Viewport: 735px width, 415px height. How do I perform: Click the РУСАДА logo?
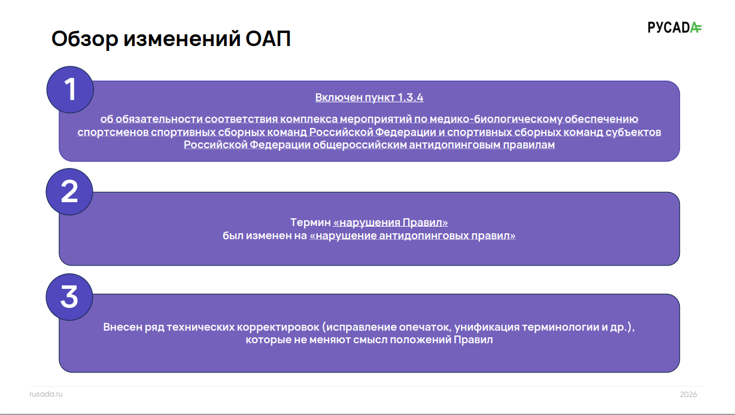pos(675,28)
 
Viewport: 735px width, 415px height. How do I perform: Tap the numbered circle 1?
pos(70,90)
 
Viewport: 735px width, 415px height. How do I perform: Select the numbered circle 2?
pos(69,192)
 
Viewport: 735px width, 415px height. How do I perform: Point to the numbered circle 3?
pos(69,297)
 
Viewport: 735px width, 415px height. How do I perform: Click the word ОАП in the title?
pos(268,39)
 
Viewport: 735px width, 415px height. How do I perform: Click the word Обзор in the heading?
pos(84,39)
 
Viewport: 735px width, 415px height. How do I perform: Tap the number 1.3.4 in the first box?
pos(411,97)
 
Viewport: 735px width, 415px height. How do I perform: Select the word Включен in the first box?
pos(339,97)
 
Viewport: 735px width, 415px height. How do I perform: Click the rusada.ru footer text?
pos(46,394)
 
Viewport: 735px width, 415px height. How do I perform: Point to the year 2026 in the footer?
pos(688,394)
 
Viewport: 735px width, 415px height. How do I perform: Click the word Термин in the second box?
pos(311,222)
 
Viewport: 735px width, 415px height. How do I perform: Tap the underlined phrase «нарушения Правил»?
pos(390,222)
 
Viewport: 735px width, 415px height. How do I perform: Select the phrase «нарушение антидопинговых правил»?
pos(412,236)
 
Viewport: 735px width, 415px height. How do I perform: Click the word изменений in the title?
pos(182,39)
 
